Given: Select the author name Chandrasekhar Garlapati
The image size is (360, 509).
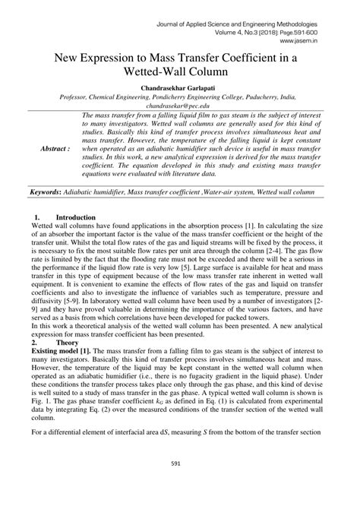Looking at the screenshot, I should point(179,89).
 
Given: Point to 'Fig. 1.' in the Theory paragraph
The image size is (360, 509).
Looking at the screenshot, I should point(39,403).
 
